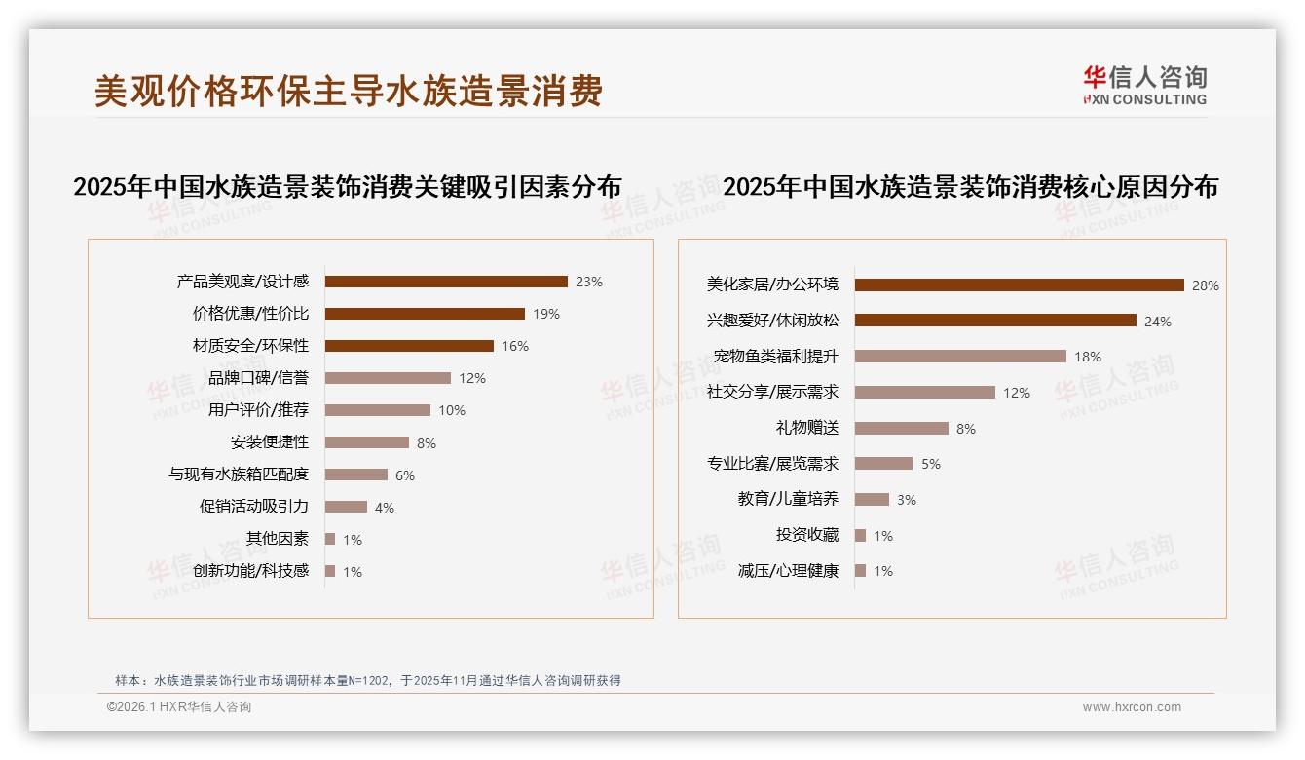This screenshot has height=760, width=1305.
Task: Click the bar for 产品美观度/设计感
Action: click(x=446, y=282)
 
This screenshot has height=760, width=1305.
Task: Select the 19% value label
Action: click(x=546, y=314)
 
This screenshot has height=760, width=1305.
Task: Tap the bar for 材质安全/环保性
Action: click(x=409, y=346)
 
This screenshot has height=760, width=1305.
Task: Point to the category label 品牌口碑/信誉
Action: click(x=258, y=378)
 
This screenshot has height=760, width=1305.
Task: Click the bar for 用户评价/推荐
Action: click(x=377, y=410)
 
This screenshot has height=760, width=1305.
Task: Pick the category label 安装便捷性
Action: click(x=270, y=442)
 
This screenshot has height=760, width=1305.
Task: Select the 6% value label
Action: click(x=405, y=475)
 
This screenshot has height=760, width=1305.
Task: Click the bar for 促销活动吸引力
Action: click(x=346, y=507)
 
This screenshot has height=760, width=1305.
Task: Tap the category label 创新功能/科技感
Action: click(x=250, y=571)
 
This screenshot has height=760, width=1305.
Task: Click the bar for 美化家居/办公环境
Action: click(x=1019, y=285)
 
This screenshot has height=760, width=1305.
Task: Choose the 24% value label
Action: click(x=1158, y=322)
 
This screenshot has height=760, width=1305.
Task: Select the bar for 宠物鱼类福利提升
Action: click(x=960, y=357)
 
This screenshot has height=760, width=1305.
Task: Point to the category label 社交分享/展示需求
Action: click(x=772, y=393)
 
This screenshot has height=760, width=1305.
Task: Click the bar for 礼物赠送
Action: click(x=901, y=429)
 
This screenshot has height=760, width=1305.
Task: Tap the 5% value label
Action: click(x=931, y=465)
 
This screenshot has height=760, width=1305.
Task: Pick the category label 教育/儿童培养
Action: click(x=788, y=500)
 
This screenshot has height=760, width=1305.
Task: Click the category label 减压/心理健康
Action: click(x=788, y=571)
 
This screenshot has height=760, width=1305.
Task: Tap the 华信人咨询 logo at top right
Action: click(x=1144, y=85)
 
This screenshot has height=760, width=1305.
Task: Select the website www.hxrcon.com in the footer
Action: click(x=1132, y=707)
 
